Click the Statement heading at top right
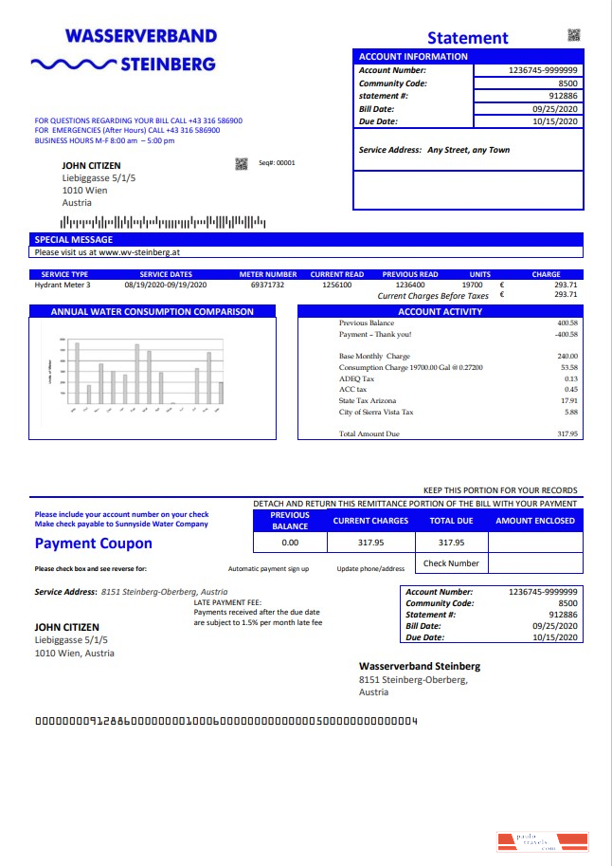tap(467, 38)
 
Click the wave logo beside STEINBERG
tap(72, 64)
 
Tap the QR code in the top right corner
tap(573, 35)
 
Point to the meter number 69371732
tap(267, 285)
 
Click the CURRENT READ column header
tap(336, 274)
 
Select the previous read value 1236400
tap(409, 285)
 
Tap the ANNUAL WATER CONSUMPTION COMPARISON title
tap(152, 311)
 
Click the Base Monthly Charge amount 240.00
tap(567, 357)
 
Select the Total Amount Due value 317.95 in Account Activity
tap(567, 433)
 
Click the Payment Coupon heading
tap(93, 544)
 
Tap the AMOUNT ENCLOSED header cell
tap(534, 521)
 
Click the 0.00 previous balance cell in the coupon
tap(290, 543)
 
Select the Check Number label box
tap(451, 563)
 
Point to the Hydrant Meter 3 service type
tap(63, 285)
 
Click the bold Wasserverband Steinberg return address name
tap(420, 666)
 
